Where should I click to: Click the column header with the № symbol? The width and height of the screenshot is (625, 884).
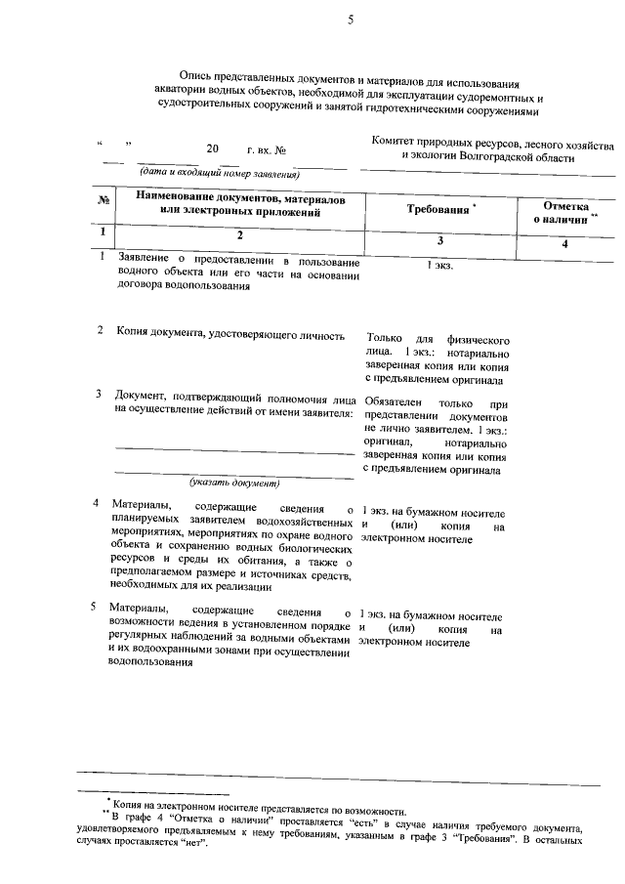[x=103, y=201]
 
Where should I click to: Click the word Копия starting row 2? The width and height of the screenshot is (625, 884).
[x=133, y=334]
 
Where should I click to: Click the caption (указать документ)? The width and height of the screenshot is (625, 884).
[x=234, y=484]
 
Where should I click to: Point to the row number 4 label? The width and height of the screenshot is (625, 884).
[x=96, y=504]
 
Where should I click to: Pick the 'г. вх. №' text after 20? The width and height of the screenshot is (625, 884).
[x=266, y=151]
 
